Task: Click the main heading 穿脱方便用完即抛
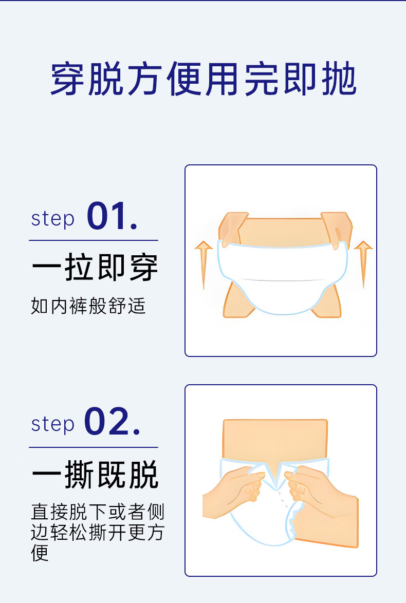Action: [x=203, y=79]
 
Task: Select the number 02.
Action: [x=112, y=422]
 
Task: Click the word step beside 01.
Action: [x=52, y=219]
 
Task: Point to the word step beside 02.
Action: [x=52, y=425]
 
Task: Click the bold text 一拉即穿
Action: [x=95, y=268]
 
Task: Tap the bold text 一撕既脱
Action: [x=95, y=475]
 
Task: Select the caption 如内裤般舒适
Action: [x=88, y=306]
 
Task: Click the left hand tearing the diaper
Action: [x=234, y=492]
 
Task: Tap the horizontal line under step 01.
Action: [x=94, y=240]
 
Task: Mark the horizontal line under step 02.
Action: [x=94, y=447]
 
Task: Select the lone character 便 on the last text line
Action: [x=40, y=553]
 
